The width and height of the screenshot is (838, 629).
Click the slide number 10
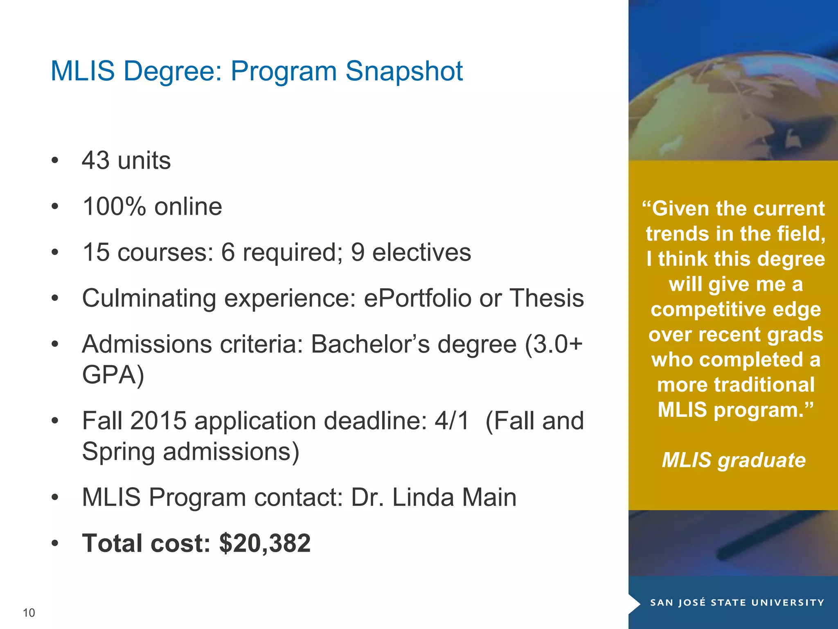click(x=29, y=613)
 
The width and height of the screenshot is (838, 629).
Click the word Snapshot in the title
click(x=404, y=71)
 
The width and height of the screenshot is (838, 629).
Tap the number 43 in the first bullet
click(x=96, y=160)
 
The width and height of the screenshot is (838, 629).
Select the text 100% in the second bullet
click(x=114, y=206)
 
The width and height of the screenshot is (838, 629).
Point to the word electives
click(x=421, y=252)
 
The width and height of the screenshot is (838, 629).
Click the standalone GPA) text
click(x=113, y=374)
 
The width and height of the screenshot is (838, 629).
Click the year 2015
click(x=158, y=421)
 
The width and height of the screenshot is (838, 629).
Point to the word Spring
click(x=118, y=452)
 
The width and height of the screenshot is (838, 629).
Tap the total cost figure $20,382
click(x=265, y=543)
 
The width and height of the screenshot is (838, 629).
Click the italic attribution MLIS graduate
click(x=734, y=460)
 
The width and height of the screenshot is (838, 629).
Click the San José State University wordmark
click(x=737, y=602)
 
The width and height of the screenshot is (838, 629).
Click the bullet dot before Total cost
click(x=55, y=544)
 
